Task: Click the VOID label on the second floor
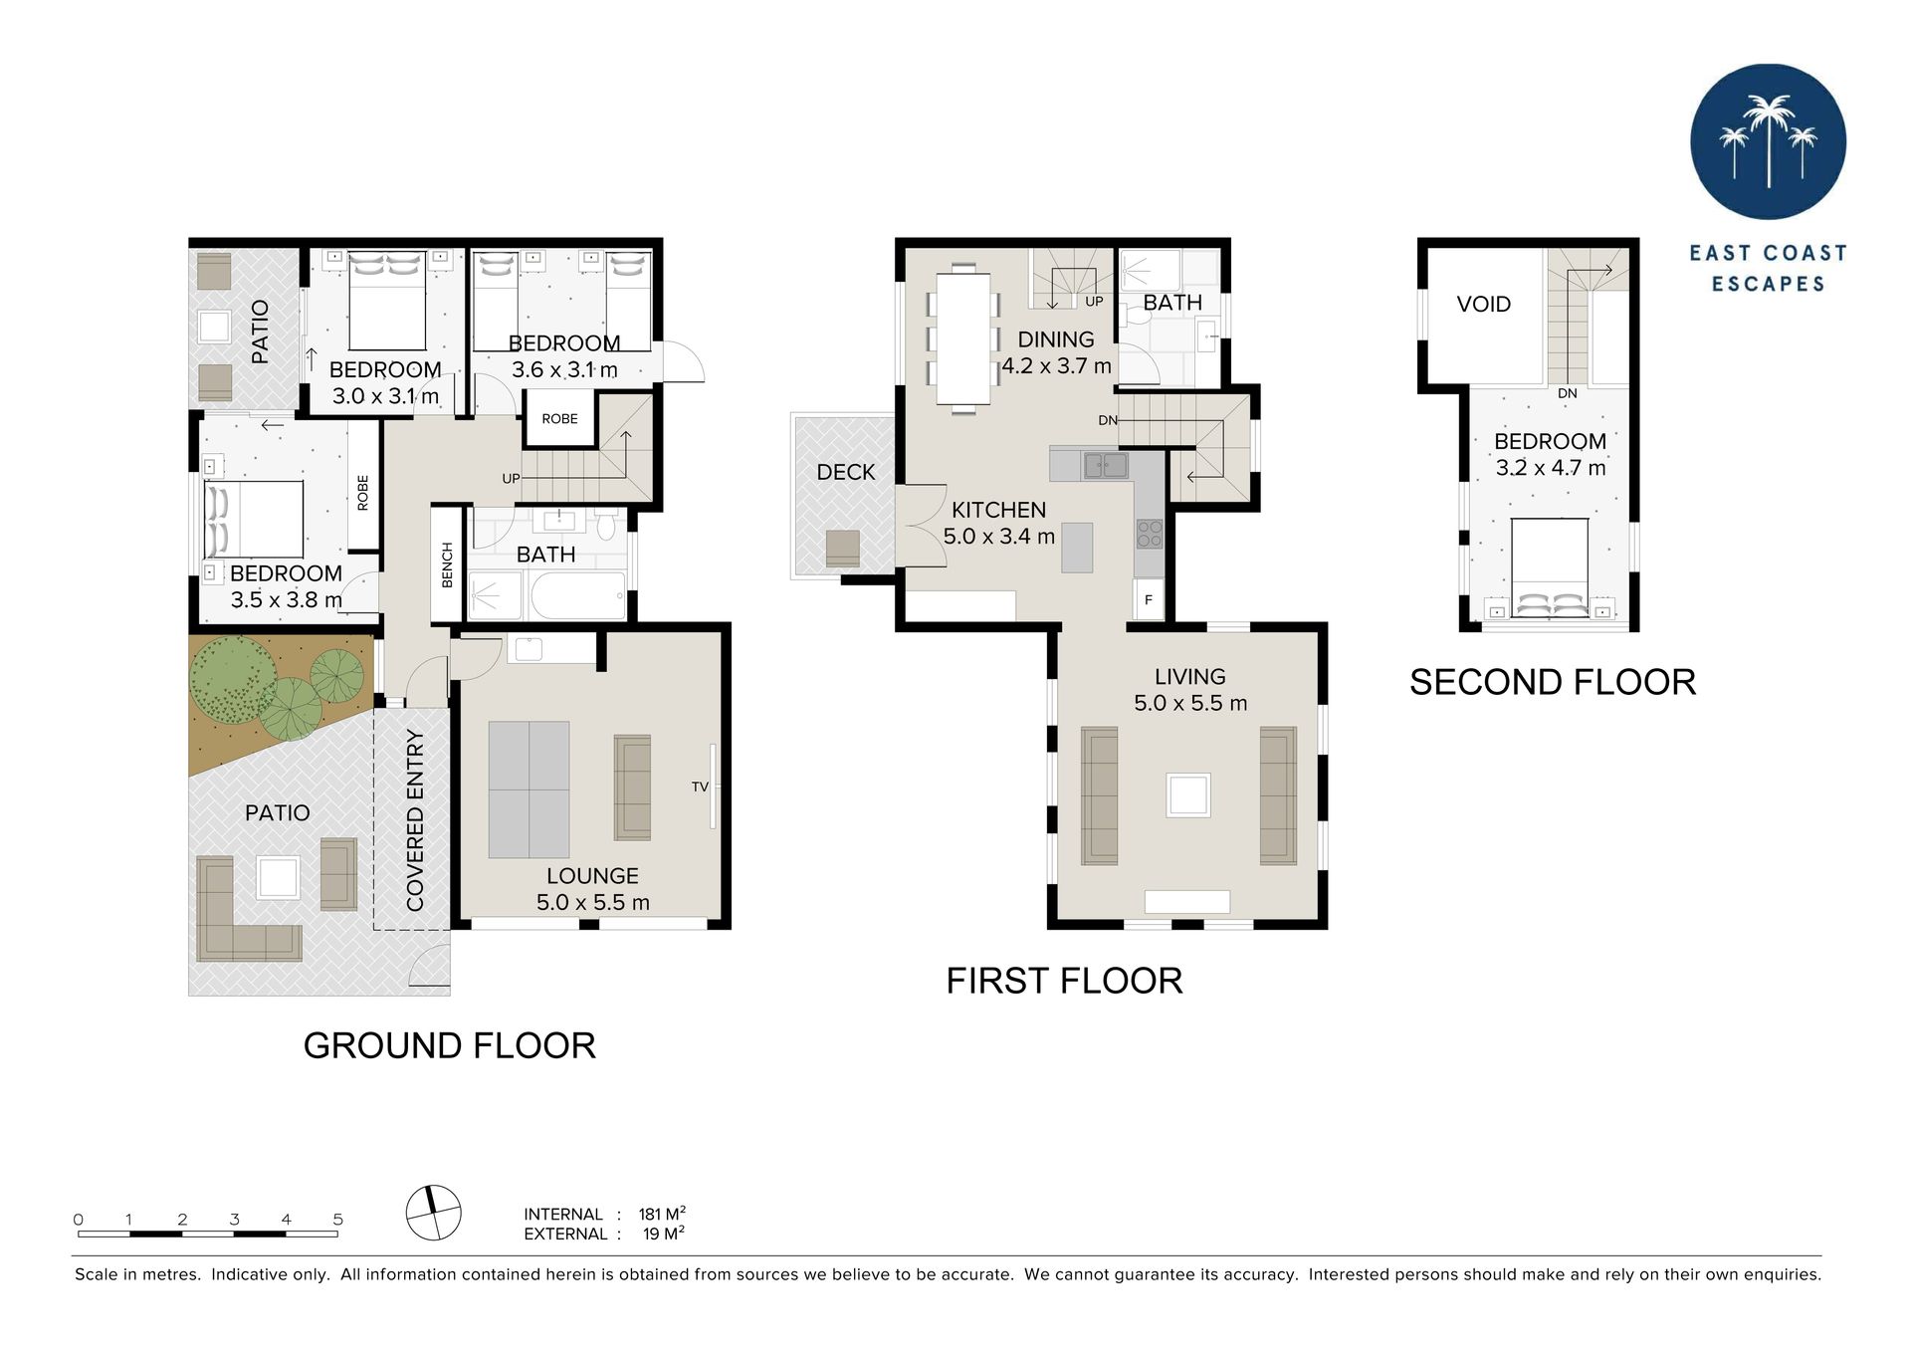(1483, 305)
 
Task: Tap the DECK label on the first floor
(846, 473)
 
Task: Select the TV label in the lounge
(700, 788)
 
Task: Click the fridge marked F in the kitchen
(1149, 599)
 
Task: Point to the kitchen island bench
(1077, 548)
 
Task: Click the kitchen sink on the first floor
(1106, 465)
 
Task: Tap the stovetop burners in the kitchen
(1150, 535)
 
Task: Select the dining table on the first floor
(963, 338)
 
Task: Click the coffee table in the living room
(1188, 795)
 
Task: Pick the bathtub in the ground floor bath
(578, 596)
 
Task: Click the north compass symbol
(434, 1213)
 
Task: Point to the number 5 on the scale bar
(338, 1220)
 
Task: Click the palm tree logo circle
(1768, 142)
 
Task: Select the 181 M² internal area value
(662, 1214)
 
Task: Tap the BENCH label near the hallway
(447, 564)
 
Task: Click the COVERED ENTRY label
(415, 819)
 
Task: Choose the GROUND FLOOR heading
(450, 1046)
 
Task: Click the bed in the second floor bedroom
(1550, 568)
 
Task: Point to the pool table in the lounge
(529, 789)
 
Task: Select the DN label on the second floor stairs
(1568, 393)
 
